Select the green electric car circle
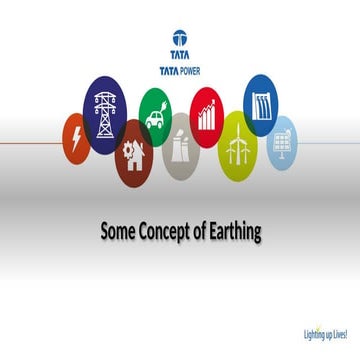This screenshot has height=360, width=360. tap(155, 113)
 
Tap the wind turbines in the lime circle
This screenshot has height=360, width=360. tap(237, 148)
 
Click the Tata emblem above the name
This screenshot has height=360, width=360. tap(180, 38)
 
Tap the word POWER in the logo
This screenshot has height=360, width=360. tap(192, 70)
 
